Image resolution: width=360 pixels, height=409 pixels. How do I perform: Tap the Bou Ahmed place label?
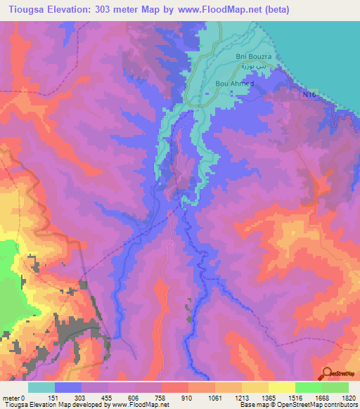click(x=233, y=83)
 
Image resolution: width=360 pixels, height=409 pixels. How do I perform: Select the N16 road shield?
click(x=309, y=93)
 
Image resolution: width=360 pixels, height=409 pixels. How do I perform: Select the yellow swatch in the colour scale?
click(x=281, y=387)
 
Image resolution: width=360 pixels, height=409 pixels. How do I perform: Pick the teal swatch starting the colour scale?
click(x=41, y=387)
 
